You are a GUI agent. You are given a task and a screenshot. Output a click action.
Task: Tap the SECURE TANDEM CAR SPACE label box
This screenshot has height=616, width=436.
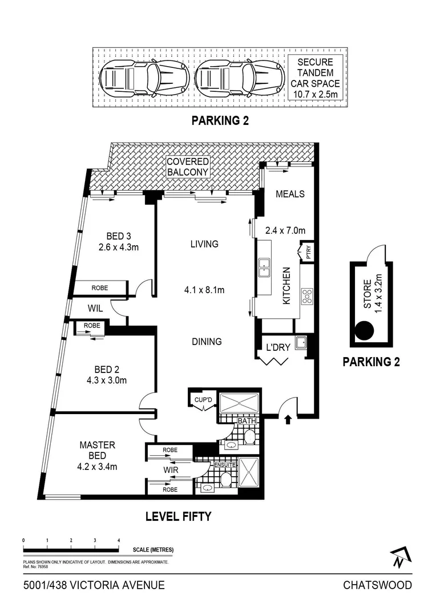pyautogui.click(x=315, y=78)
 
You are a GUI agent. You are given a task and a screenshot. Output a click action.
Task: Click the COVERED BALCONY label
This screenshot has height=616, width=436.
pyautogui.click(x=188, y=167)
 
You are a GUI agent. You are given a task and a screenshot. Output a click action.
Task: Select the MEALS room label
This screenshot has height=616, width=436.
pyautogui.click(x=290, y=194)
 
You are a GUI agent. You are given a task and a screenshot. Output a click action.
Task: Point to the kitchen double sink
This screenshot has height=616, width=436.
pyautogui.click(x=264, y=265)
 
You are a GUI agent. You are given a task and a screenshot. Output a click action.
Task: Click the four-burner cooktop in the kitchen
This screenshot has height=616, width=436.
pyautogui.click(x=307, y=296)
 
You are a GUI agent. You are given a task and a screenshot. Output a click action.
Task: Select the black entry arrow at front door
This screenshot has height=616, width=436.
pyautogui.click(x=288, y=420)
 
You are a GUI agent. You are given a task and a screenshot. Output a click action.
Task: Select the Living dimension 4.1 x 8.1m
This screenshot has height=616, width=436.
pyautogui.click(x=204, y=290)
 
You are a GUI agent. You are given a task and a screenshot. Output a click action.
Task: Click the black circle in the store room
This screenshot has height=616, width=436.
pyautogui.click(x=364, y=330)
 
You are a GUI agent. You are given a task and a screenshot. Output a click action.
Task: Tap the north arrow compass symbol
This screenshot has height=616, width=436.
pyautogui.click(x=401, y=557)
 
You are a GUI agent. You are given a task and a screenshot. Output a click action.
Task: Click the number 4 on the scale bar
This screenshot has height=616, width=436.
pyautogui.click(x=118, y=540)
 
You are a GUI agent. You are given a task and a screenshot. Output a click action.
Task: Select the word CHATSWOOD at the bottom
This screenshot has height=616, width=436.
pyautogui.click(x=377, y=585)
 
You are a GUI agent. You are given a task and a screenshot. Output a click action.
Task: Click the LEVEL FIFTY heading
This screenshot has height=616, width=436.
pyautogui.click(x=178, y=517)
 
